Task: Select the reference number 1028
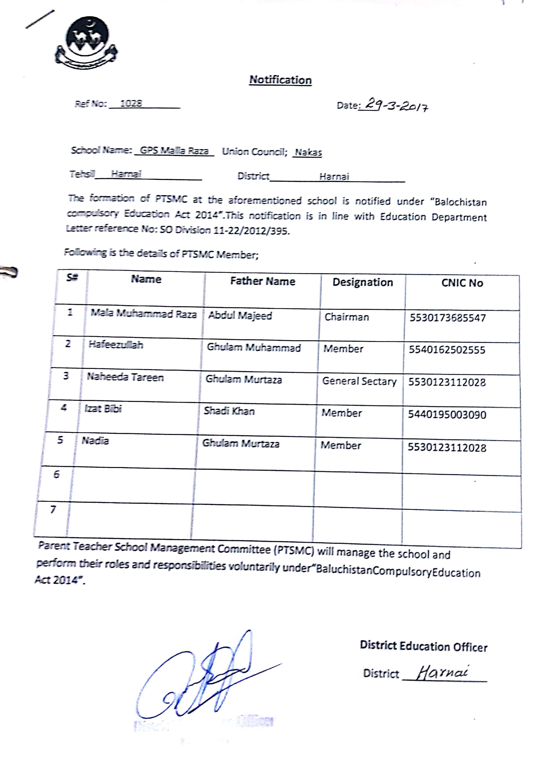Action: [x=131, y=103]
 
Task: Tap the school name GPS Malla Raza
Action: [x=174, y=151]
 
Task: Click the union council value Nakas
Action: [x=308, y=152]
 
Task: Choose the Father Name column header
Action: [x=262, y=281]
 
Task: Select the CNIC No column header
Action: [x=462, y=283]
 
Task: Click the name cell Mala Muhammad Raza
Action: [x=144, y=314]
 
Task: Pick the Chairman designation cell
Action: [x=347, y=317]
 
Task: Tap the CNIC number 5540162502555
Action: [x=447, y=350]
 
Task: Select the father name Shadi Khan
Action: [x=229, y=411]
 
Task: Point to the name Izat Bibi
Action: [x=103, y=408]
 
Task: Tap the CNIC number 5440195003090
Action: [x=447, y=415]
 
